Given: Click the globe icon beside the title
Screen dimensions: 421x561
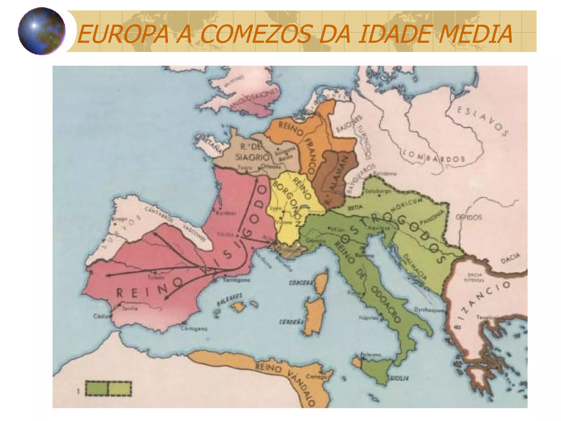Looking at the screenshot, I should click(42, 31).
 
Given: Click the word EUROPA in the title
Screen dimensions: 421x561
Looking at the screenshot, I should click(123, 34).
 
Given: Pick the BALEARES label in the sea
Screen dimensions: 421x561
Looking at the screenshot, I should click(230, 299).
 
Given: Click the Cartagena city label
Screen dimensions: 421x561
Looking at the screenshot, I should click(194, 329).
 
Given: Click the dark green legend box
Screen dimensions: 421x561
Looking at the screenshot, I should click(97, 388).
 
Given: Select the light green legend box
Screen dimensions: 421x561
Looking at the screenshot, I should click(120, 388).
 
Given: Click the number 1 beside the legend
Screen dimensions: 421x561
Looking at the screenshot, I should click(78, 391).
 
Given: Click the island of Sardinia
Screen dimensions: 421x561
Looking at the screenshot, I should click(315, 315).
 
